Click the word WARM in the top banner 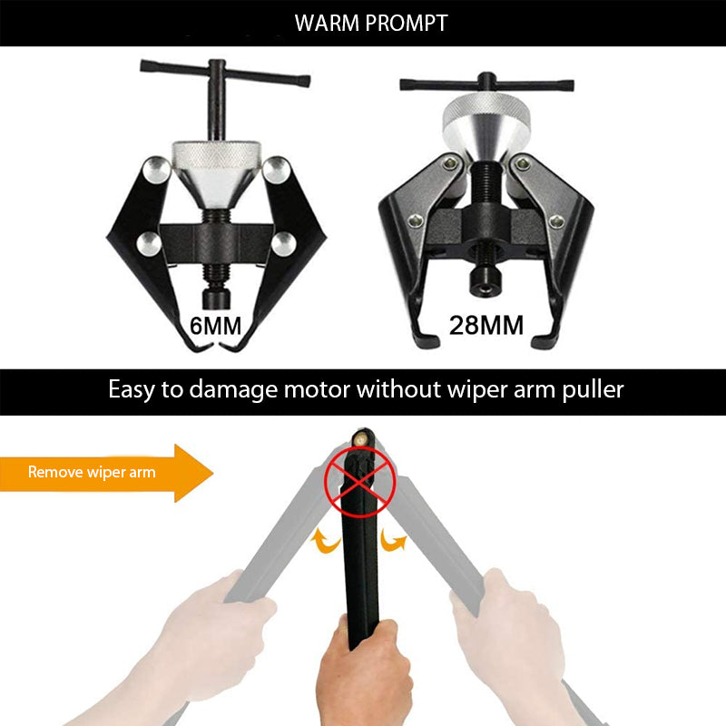327,24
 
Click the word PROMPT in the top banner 407,24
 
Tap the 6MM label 215,326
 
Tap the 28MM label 486,325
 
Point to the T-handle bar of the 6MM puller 225,74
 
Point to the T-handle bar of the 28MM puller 486,84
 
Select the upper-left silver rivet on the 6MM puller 156,170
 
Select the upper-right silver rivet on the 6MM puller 276,170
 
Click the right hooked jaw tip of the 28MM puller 544,341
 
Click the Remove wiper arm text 92,472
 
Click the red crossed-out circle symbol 360,482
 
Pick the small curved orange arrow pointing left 326,541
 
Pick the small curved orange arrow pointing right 394,540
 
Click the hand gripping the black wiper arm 365,672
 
